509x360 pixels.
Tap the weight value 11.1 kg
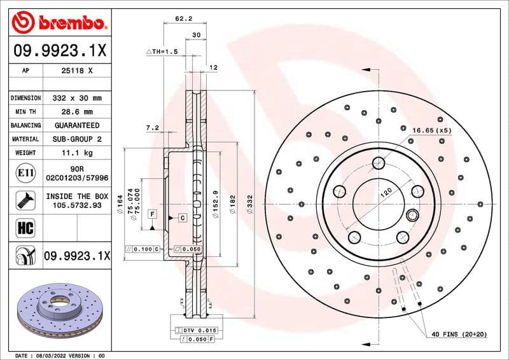76,153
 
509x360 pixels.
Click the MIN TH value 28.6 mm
76,112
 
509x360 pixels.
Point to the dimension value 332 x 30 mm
76,99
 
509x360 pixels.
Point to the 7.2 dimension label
152,128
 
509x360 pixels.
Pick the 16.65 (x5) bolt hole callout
431,130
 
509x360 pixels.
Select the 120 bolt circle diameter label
386,191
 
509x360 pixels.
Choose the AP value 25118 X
76,71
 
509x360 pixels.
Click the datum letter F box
153,214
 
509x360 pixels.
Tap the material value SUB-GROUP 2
76,139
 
